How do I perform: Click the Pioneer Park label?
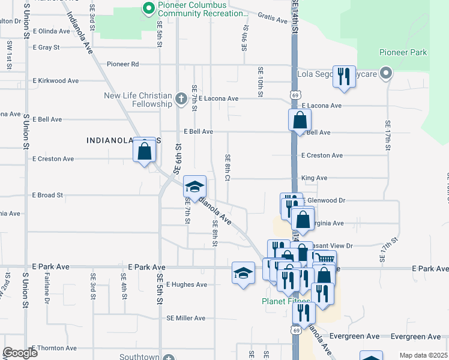click(x=403, y=53)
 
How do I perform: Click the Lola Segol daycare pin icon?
click(x=387, y=74)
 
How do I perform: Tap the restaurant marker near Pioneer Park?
click(x=344, y=77)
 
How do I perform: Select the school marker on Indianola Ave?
click(x=194, y=187)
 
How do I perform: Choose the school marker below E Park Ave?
click(x=243, y=273)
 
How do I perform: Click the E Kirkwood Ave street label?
click(x=56, y=80)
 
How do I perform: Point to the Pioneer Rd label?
click(x=122, y=64)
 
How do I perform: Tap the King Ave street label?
click(x=314, y=178)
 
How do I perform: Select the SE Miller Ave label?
click(x=186, y=318)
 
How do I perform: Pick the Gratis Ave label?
click(x=273, y=20)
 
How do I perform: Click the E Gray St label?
click(x=46, y=47)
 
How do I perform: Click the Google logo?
click(x=20, y=353)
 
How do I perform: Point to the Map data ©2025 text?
click(x=423, y=355)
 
